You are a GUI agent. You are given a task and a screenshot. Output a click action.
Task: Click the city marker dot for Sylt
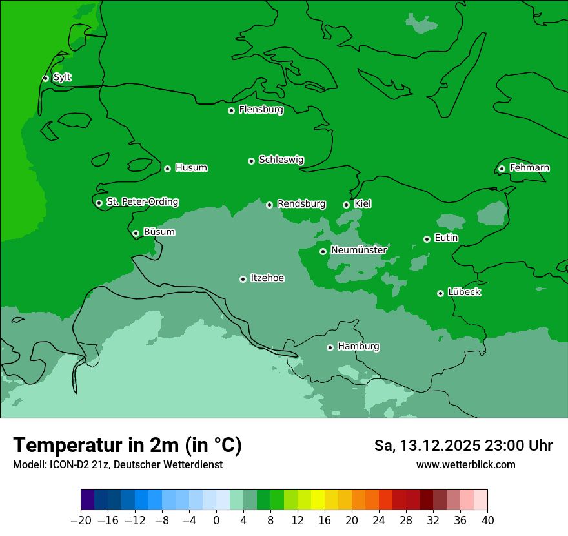point(45,78)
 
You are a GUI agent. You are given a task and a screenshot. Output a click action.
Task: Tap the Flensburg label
point(261,110)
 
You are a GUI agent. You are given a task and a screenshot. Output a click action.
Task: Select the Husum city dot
point(167,169)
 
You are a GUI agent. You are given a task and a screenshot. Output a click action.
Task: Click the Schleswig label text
point(281,160)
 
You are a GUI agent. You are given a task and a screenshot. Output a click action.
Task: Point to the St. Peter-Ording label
point(142,202)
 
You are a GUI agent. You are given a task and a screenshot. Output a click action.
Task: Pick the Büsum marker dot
point(136,234)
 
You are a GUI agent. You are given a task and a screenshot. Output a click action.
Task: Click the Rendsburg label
point(301,204)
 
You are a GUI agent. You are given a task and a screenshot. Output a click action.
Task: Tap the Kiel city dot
point(346,205)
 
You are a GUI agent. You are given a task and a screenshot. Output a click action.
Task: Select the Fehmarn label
point(529,168)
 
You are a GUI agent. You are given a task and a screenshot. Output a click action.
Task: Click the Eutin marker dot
point(427,239)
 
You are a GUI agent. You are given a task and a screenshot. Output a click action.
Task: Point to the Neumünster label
point(359,250)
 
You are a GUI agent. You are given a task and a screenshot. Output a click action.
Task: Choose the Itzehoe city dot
point(243,279)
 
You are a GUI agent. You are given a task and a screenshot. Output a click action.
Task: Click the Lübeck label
point(464,293)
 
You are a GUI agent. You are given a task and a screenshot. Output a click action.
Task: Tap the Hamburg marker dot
point(330,347)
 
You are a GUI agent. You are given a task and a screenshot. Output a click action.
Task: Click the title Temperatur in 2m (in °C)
point(127,446)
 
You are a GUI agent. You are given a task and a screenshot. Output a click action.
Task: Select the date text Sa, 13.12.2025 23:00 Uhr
point(463,446)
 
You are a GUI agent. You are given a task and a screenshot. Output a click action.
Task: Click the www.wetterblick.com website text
point(465,465)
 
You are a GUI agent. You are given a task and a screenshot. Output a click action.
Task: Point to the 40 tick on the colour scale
point(487,521)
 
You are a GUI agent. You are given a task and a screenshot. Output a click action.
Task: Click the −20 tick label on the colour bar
point(81,521)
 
